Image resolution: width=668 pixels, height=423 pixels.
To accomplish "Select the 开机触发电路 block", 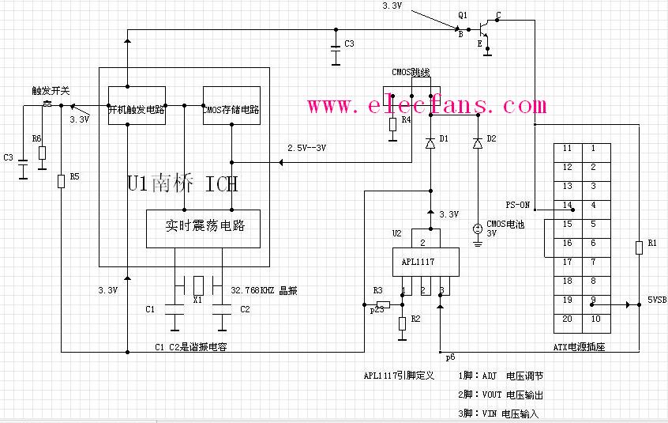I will tap(136, 110).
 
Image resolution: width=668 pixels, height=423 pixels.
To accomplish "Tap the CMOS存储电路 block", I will tap(231, 110).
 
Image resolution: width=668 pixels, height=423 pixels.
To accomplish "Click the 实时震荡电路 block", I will tap(203, 226).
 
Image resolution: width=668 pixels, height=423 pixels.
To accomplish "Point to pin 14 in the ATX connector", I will tap(567, 206).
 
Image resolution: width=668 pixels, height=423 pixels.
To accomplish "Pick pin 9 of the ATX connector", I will tap(594, 300).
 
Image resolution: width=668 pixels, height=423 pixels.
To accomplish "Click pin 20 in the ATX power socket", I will tap(567, 319).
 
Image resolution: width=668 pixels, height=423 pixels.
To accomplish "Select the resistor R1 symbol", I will tap(638, 247).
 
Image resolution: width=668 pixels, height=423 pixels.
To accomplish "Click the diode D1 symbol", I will tap(430, 143).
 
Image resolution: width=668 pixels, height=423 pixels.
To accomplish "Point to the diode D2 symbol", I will tap(477, 143).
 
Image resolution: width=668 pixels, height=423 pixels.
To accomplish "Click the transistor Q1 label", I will tap(463, 15).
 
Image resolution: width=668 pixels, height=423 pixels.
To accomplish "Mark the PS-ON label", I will tap(517, 205).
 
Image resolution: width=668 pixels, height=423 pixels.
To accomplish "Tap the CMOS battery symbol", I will tap(477, 228).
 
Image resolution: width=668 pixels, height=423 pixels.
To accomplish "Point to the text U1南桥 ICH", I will tap(182, 183).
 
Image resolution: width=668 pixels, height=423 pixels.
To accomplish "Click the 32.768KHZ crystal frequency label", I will tap(268, 289).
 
